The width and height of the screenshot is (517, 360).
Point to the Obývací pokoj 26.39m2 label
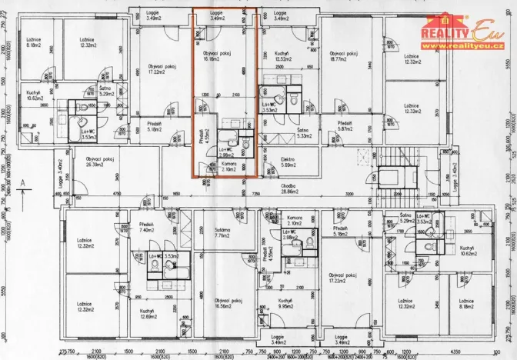pyautogui.click(x=101, y=162)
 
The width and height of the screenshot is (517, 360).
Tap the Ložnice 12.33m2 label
pyautogui.click(x=405, y=58)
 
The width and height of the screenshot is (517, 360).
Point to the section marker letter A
pyautogui.click(x=24, y=182)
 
